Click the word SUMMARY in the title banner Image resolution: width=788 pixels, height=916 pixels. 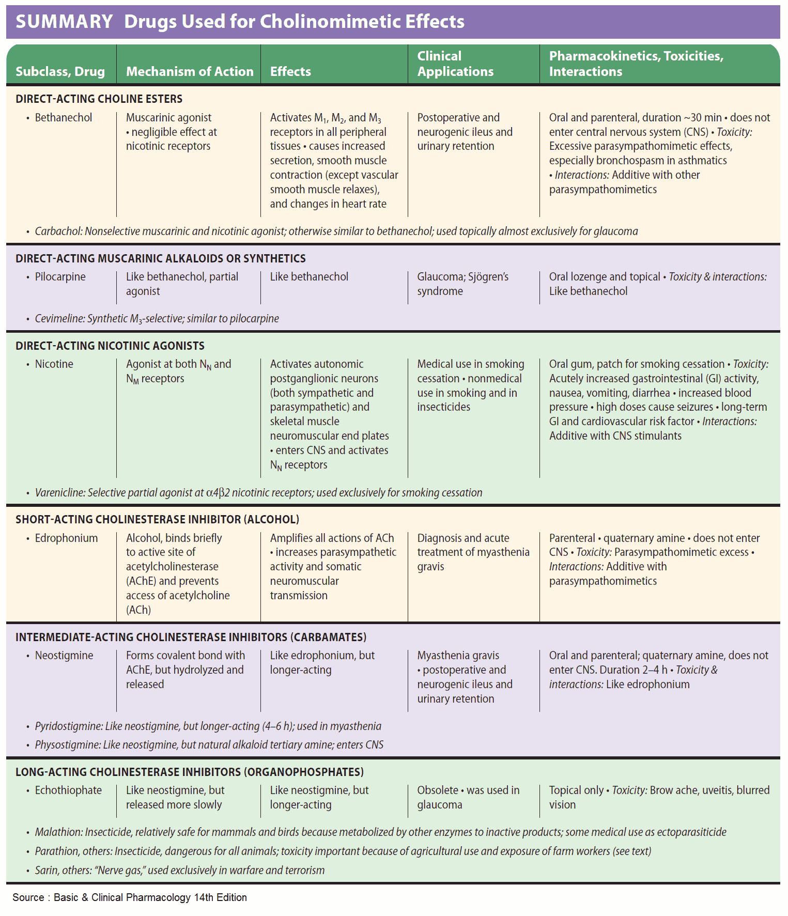pos(64,22)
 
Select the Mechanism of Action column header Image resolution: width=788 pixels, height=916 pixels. pos(190,71)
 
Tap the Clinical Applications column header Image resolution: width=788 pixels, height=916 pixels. pos(455,64)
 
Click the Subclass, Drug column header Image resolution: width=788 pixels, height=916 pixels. pos(60,71)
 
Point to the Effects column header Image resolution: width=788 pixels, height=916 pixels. pos(290,71)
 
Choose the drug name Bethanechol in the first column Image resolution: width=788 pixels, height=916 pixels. pos(63,118)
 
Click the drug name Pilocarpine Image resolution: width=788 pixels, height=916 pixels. pos(60,277)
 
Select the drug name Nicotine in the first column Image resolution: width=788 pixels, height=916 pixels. pos(54,364)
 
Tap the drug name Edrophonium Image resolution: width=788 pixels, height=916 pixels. pos(66,538)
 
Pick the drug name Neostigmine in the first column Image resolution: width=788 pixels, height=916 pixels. pos(64,656)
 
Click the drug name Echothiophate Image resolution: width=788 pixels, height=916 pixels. pos(68,790)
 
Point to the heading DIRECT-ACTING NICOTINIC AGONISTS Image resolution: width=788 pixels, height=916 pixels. pos(110,346)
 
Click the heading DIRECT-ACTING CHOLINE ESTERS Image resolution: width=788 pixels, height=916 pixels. pos(99,99)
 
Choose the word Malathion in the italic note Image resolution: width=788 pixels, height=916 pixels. pos(58,832)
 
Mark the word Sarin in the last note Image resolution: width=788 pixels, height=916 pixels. pos(45,871)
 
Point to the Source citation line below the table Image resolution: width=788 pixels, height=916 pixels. pos(129,897)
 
